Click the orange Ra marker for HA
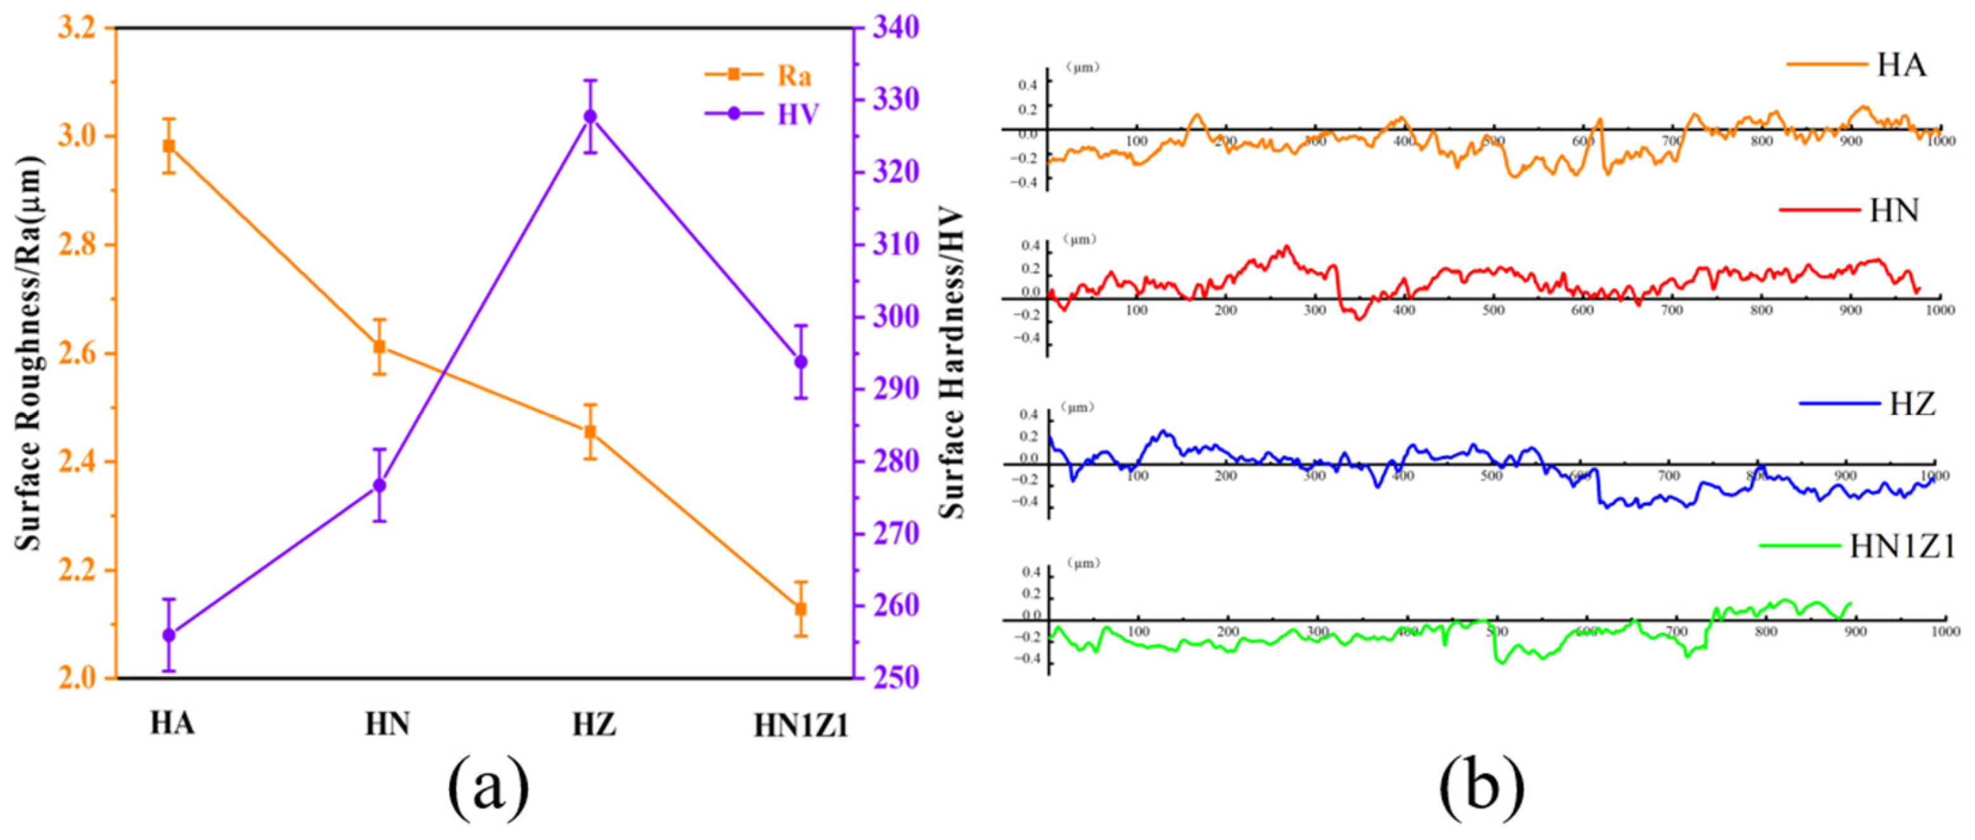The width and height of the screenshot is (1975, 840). pos(169,145)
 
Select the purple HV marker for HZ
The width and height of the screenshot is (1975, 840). pos(591,116)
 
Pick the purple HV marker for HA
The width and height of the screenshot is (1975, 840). pos(169,636)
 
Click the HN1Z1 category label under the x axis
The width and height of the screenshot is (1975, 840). pos(801,726)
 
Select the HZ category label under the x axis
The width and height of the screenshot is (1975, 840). pos(594,724)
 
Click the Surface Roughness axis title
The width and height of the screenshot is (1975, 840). pos(29,352)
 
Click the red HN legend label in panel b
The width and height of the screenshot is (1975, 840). pos(1894,210)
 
